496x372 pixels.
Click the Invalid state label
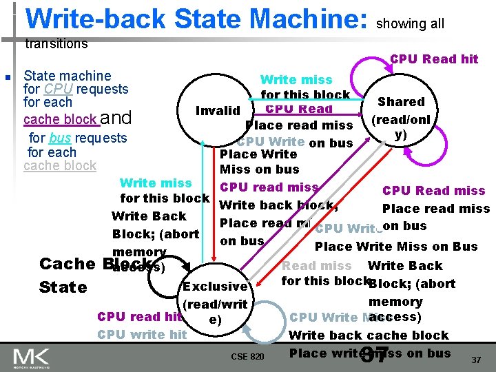pyautogui.click(x=218, y=111)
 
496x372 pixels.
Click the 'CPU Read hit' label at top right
pyautogui.click(x=434, y=59)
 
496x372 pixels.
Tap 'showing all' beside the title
pyautogui.click(x=411, y=24)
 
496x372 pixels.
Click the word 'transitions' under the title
pyautogui.click(x=56, y=44)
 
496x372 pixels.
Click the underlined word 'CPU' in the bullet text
pyautogui.click(x=58, y=89)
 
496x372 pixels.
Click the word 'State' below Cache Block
pyautogui.click(x=63, y=287)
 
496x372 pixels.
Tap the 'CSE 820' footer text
pyautogui.click(x=247, y=356)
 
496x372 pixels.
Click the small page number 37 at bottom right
pyautogui.click(x=475, y=360)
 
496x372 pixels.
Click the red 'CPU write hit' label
pyautogui.click(x=142, y=335)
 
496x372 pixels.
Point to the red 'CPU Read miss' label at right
pyautogui.click(x=434, y=191)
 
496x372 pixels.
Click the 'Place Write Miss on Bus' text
pyautogui.click(x=396, y=247)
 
